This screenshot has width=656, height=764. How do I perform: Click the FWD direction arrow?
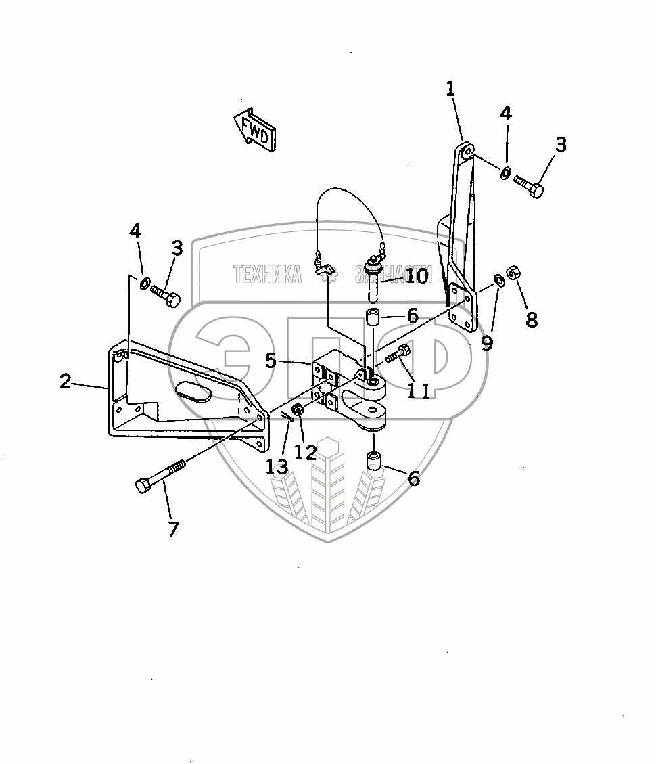[256, 129]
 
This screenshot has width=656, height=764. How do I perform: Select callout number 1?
[450, 89]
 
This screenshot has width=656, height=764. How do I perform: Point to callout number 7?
[173, 529]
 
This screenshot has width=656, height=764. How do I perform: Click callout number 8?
[532, 319]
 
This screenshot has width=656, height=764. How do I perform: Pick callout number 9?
[487, 342]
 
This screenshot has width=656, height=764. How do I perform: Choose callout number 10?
[417, 276]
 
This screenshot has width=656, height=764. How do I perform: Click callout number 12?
[306, 451]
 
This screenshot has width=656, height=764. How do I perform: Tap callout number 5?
[271, 361]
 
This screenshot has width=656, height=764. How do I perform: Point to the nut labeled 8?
[513, 273]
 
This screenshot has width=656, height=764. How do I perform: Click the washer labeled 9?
[498, 280]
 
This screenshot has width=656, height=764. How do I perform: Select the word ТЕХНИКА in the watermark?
[267, 274]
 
